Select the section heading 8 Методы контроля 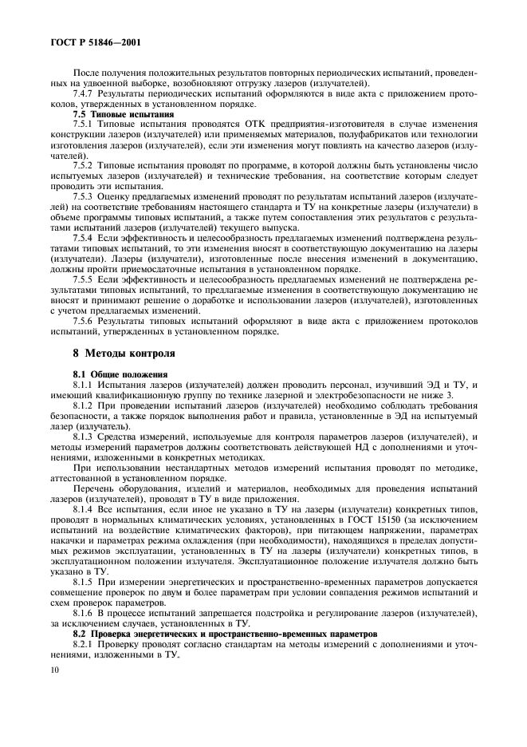[x=120, y=352]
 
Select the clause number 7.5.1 [x=83, y=126]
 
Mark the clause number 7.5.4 [x=83, y=239]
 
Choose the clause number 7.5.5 [x=83, y=280]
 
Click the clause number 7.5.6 [x=83, y=322]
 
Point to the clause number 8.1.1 [x=83, y=384]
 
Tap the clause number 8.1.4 [x=83, y=509]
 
